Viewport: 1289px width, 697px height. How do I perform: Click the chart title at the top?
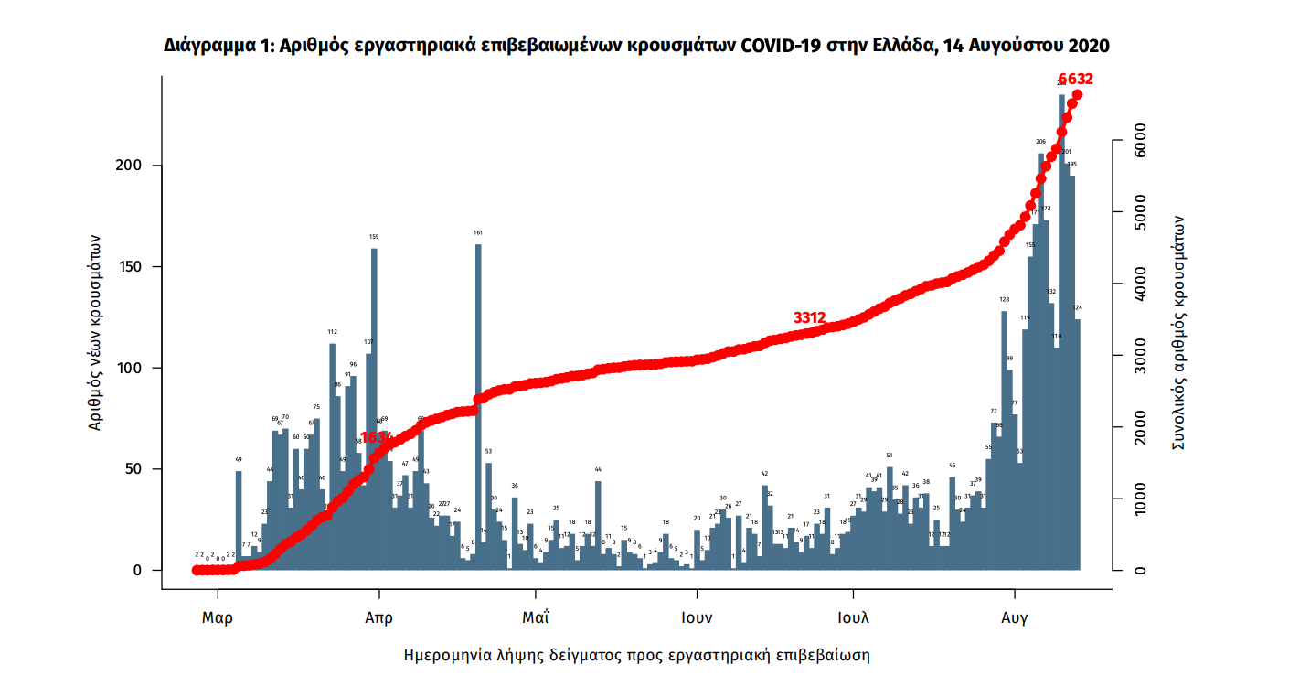coord(636,45)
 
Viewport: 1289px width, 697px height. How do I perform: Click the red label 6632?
coord(1075,80)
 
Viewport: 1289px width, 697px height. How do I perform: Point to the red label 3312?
coord(809,317)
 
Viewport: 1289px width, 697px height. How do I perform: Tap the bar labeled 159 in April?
coord(374,412)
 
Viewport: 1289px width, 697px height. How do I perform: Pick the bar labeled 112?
coord(332,457)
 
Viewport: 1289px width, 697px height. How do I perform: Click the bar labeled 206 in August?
coord(1040,366)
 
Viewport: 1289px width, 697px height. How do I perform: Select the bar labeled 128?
coord(1004,439)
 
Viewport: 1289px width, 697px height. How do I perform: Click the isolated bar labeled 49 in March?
coord(239,521)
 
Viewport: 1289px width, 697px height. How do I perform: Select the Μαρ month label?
coord(217,617)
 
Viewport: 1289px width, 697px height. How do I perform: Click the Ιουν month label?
coord(697,617)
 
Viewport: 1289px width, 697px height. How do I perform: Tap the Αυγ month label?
coord(1014,617)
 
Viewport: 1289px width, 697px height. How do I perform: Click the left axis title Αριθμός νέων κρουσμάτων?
coord(94,330)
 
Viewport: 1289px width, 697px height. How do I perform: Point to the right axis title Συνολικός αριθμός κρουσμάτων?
coord(1180,331)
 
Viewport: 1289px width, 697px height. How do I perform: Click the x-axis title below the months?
coord(636,656)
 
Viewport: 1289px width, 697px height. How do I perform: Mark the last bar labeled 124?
coord(1077,448)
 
